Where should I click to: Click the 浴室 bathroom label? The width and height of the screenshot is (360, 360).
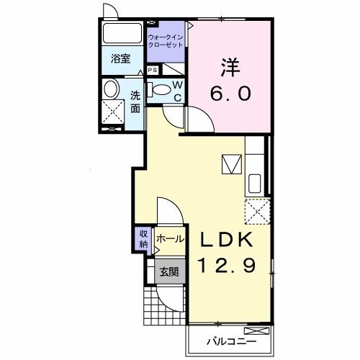point(120,59)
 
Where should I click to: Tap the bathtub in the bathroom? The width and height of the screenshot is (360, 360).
point(119,33)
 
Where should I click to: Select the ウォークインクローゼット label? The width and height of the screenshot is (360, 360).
point(166,41)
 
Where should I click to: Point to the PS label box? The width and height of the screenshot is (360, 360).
point(153,70)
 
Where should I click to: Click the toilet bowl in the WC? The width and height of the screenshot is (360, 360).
point(161,90)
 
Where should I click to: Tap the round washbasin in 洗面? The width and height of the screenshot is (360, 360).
point(111,89)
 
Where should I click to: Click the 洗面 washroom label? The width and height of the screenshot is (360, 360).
point(135,102)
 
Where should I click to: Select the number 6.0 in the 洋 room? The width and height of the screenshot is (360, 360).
point(230,93)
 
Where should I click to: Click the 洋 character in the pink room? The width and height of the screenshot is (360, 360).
point(230,67)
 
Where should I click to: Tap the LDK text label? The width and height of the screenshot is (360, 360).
point(226,240)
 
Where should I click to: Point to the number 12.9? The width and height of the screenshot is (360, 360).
point(226,265)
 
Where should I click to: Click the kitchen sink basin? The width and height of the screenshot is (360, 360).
point(255,184)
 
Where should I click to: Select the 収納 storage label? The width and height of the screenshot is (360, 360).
point(143,239)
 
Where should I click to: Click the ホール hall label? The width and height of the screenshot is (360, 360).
point(170,239)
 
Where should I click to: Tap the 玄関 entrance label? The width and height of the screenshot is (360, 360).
point(169,272)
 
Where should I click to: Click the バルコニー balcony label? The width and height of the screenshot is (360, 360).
point(232,341)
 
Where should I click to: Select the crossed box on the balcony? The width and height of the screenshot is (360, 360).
point(257,330)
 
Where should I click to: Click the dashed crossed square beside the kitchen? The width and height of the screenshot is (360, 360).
point(258,212)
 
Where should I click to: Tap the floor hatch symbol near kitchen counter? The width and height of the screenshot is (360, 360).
point(232,164)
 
